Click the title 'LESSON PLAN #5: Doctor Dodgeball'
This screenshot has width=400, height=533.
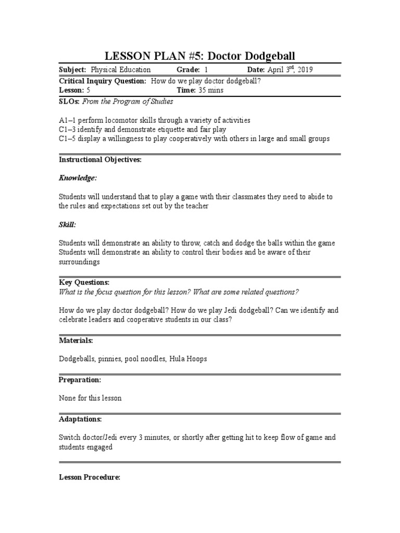coord(200,56)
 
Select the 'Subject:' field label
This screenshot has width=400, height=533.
coord(73,70)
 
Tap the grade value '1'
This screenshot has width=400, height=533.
coord(206,70)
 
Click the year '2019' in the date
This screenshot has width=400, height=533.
coord(304,70)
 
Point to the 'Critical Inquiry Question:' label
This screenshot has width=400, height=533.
coord(103,81)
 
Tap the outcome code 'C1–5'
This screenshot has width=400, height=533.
coord(68,139)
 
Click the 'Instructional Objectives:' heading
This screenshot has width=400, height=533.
coord(100,160)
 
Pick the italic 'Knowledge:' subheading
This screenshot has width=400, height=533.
coord(78,178)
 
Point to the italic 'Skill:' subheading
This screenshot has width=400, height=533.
coord(67,225)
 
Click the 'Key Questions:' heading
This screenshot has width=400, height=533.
coord(84,282)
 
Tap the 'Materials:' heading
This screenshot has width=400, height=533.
coord(76,340)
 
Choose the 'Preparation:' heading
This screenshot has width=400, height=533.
coord(80,380)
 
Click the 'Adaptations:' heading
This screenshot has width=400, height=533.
coord(80,419)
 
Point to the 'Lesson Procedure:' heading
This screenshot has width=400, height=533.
coord(90,477)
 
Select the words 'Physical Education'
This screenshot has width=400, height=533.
coord(121,70)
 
